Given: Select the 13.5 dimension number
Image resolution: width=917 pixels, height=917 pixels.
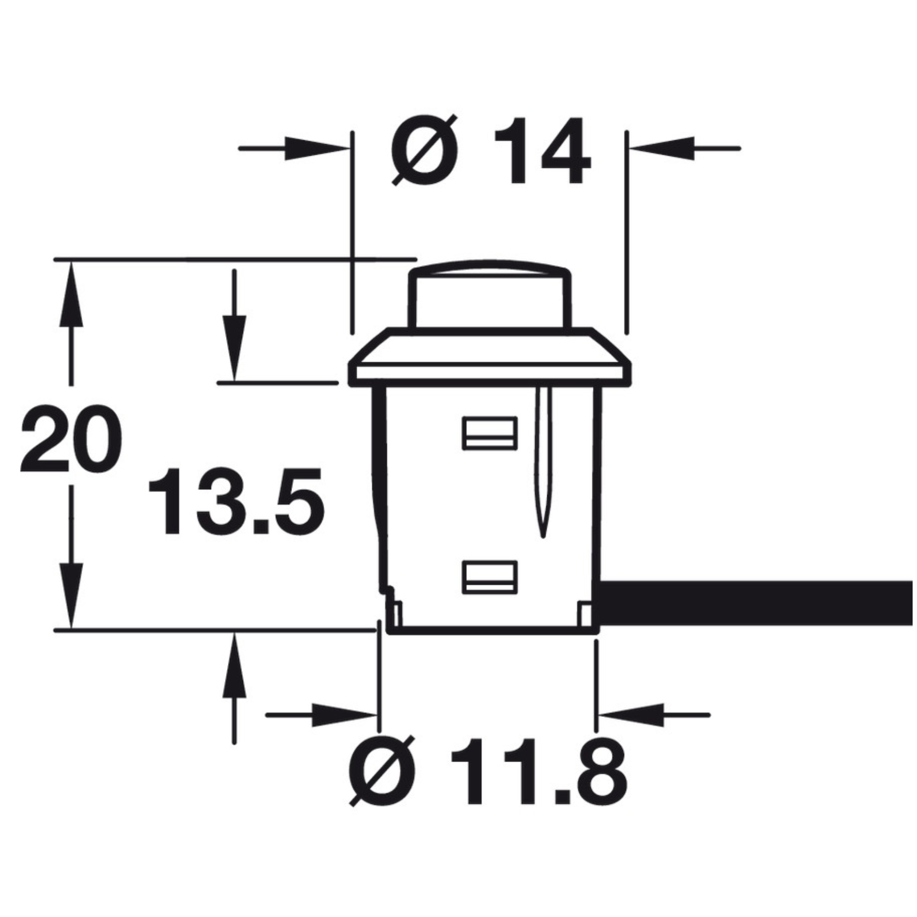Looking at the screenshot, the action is (236, 501).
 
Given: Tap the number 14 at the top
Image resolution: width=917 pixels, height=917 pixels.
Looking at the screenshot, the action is (543, 150).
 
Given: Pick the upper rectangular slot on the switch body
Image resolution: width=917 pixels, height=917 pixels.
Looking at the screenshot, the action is (489, 433).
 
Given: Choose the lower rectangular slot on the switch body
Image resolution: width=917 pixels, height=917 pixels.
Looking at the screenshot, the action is (489, 577).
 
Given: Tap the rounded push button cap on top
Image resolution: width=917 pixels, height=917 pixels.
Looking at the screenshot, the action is (490, 294).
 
